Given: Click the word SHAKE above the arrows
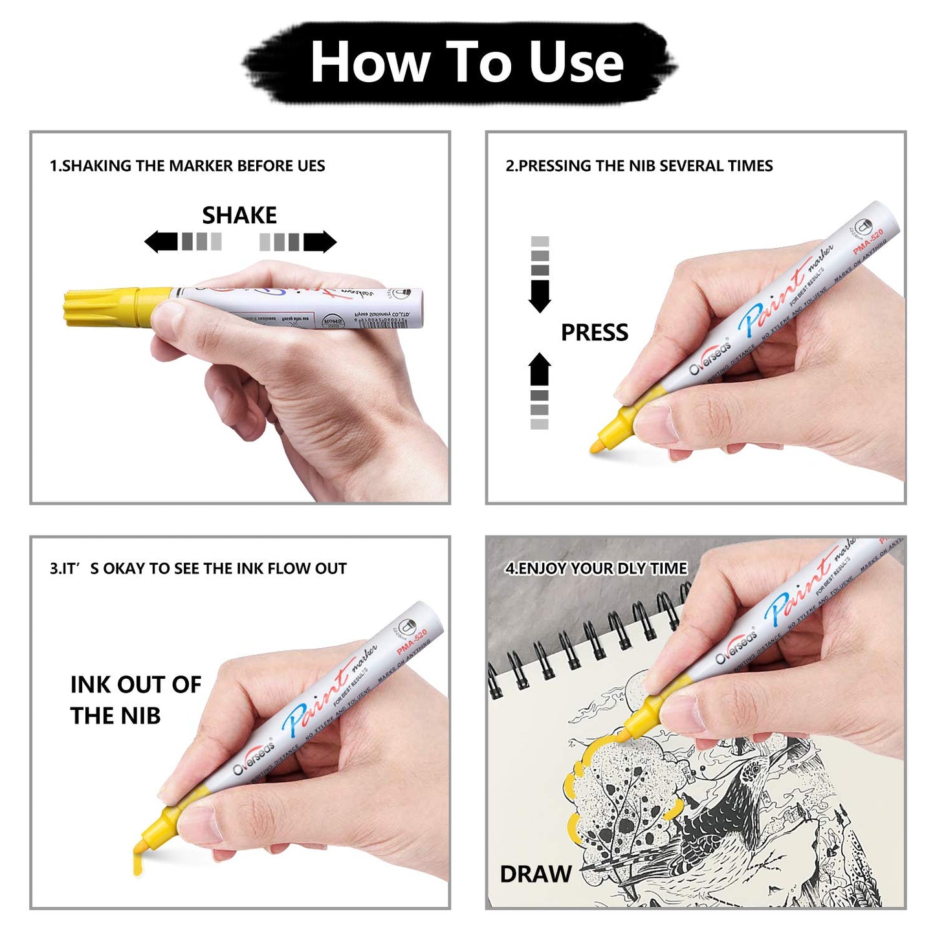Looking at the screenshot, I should [x=239, y=215].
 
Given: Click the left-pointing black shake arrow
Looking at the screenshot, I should [x=161, y=241].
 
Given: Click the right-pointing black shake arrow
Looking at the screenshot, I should [x=320, y=241].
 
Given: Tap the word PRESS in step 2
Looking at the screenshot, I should [x=594, y=332].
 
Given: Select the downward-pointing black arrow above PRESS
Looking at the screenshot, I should [x=540, y=296].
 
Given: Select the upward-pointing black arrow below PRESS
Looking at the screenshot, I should [x=540, y=369].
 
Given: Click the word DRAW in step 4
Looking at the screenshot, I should [x=535, y=874].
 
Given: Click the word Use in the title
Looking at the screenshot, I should [x=575, y=62].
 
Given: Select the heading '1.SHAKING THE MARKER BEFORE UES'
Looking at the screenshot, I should [x=187, y=166].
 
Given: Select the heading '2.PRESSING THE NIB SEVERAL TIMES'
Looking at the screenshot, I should [x=639, y=166].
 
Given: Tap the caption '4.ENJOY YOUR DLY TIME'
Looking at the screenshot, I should [x=595, y=568].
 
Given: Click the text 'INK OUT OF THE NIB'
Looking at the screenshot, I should [x=135, y=699].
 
